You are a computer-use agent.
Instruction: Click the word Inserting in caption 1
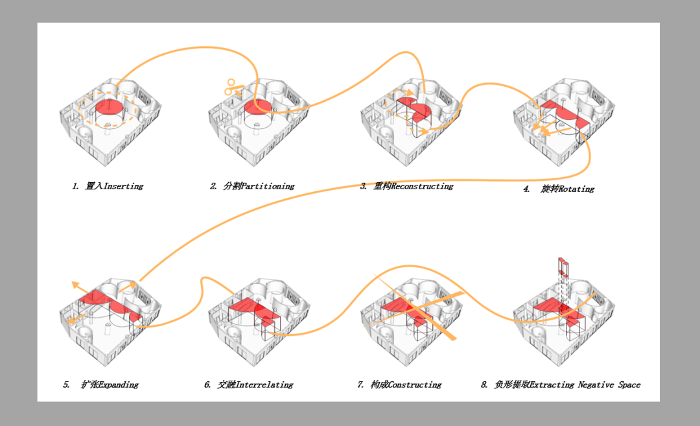[x=124, y=185]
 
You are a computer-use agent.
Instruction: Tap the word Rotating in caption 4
[x=576, y=189]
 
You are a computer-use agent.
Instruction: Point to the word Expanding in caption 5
[x=119, y=385]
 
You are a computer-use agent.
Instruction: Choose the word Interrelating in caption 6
[x=264, y=385]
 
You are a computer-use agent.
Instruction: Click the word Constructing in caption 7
[x=415, y=385]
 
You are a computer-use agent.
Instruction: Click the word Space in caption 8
[x=629, y=385]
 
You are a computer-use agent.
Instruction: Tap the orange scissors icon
[x=232, y=88]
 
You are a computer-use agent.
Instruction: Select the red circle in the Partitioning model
[x=257, y=107]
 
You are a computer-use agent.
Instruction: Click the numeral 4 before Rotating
[x=526, y=189]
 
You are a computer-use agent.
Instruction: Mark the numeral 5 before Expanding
[x=66, y=385]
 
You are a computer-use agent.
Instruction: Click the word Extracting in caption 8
[x=552, y=385]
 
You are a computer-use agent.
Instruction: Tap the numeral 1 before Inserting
[x=75, y=185]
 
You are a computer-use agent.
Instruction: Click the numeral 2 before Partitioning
[x=213, y=185]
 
